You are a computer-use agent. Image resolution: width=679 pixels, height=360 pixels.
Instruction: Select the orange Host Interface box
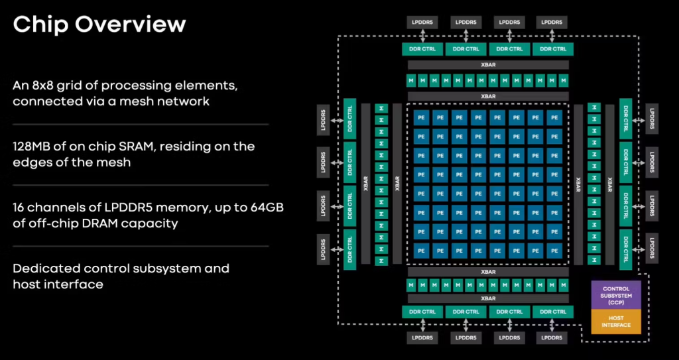click(616, 322)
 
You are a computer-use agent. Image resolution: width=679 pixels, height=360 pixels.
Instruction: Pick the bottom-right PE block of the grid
click(554, 251)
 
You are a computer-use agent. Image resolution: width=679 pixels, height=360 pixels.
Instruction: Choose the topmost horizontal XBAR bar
click(487, 65)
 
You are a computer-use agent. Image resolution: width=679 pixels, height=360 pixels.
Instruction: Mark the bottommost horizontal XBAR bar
click(487, 298)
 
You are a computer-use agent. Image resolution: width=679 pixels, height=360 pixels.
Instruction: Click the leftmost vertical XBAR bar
click(366, 183)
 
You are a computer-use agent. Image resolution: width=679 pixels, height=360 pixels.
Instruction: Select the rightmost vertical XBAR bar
click(609, 183)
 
